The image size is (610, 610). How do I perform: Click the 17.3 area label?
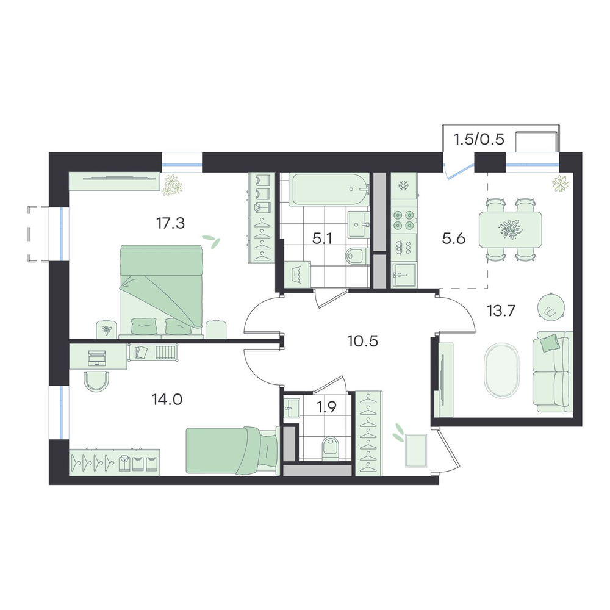point(170,223)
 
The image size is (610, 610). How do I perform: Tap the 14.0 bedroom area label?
point(167,399)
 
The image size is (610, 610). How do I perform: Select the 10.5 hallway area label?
point(362,342)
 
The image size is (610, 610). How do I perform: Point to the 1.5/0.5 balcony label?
point(479,139)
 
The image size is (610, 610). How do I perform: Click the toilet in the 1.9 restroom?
point(331,446)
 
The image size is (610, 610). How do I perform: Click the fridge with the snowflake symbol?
point(403,186)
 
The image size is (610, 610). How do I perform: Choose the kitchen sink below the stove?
point(404,275)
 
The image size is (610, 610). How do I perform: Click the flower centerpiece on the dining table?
point(510,229)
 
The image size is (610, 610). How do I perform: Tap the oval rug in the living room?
point(502,370)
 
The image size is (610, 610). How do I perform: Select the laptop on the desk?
point(97,358)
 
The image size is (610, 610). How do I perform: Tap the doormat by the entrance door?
point(416,451)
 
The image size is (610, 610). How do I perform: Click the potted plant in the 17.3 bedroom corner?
point(173,184)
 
